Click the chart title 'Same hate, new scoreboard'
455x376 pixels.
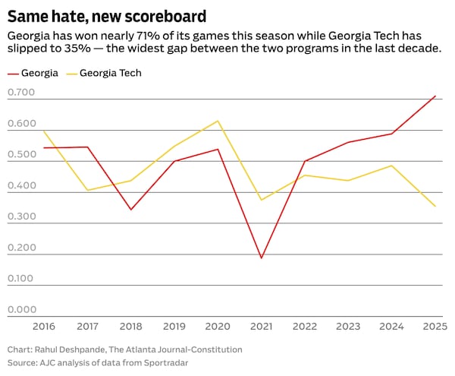(106, 15)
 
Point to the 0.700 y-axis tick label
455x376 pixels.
(21, 93)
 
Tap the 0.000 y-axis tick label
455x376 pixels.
(21, 309)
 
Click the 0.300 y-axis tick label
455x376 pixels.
(21, 216)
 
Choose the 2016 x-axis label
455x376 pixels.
(44, 327)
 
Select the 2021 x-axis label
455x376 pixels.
(262, 327)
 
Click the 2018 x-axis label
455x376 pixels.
(131, 327)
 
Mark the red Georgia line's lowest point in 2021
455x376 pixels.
(262, 258)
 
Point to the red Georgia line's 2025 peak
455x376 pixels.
(435, 96)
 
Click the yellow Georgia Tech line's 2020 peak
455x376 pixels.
(218, 121)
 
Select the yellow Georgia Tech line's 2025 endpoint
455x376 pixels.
(435, 206)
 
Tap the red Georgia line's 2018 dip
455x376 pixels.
(131, 210)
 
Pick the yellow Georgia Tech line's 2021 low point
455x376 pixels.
(262, 200)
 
